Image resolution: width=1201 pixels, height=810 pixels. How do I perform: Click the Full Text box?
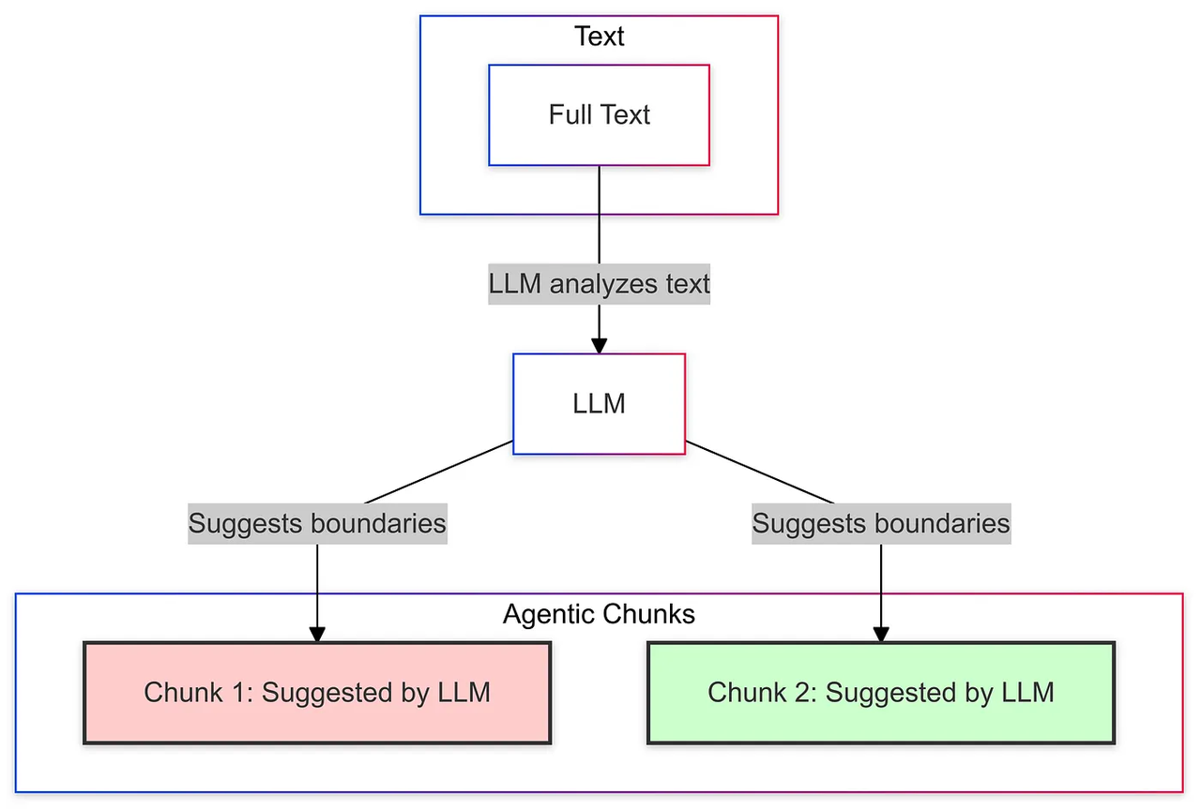coord(599,115)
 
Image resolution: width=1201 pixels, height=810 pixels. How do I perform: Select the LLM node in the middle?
coord(599,404)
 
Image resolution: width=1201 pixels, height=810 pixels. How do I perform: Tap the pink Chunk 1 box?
coord(317,693)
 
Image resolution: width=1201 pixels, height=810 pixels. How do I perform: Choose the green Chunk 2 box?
coord(881,693)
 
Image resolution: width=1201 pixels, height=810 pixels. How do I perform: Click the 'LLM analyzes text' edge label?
coord(599,284)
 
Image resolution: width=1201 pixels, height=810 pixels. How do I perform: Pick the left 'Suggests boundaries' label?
coord(317,523)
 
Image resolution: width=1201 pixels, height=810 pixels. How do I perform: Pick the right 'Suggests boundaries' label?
coord(881,523)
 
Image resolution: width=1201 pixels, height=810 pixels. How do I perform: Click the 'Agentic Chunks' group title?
coord(599,614)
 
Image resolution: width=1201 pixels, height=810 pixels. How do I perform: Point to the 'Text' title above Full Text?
coord(599,37)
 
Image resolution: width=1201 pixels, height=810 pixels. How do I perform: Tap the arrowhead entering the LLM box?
coord(599,346)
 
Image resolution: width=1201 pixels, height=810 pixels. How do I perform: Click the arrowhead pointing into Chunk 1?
coord(317,635)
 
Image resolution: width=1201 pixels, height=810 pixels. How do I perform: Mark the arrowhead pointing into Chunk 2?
coord(881,635)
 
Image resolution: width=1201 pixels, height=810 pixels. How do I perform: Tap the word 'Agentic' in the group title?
coord(545,614)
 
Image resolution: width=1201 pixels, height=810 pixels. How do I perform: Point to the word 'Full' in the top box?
coord(569,114)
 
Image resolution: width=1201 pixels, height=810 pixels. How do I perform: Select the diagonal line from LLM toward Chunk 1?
coord(438,472)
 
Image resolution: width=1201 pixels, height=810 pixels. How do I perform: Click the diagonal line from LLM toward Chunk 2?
coord(760,472)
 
